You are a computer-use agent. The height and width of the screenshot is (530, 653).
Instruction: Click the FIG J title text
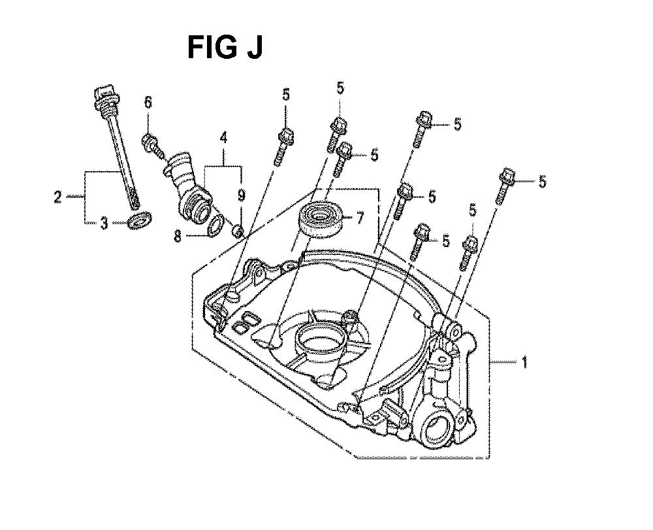[225, 47]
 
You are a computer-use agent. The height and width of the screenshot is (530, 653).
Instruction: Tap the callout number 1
[524, 361]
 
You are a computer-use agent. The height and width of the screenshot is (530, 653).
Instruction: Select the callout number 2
[58, 196]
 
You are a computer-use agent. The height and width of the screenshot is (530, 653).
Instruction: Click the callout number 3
[104, 224]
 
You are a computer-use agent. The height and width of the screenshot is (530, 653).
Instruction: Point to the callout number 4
[223, 137]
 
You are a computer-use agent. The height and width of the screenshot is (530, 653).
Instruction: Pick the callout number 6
[148, 103]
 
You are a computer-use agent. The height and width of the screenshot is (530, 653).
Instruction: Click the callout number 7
[359, 217]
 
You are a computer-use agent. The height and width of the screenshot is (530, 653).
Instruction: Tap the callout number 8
[178, 237]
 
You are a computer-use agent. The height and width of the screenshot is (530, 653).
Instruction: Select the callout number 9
[242, 195]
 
